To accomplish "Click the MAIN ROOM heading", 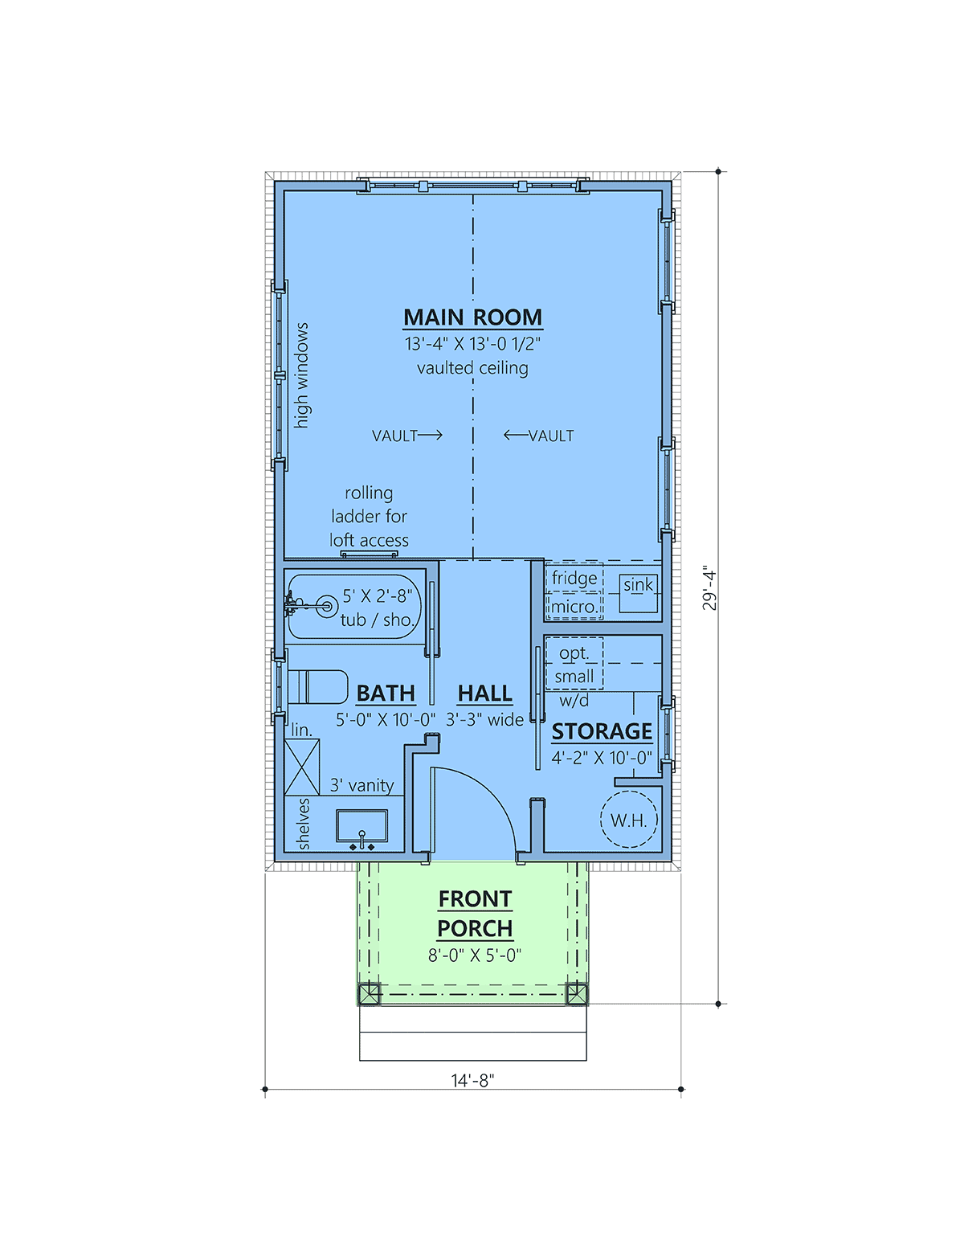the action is pyautogui.click(x=472, y=317).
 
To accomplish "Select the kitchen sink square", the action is pyautogui.click(x=638, y=593).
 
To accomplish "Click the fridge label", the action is pyautogui.click(x=574, y=578).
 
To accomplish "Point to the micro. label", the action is pyautogui.click(x=574, y=607).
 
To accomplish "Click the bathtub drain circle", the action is pyautogui.click(x=327, y=605).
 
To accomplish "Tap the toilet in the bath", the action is pyautogui.click(x=317, y=686).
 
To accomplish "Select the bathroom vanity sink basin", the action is pyautogui.click(x=361, y=826).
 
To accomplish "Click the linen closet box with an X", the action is pyautogui.click(x=302, y=767).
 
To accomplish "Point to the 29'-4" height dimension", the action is pyautogui.click(x=709, y=589).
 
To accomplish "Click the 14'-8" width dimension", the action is pyautogui.click(x=472, y=1080).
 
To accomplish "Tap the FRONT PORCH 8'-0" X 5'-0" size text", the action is pyautogui.click(x=475, y=955).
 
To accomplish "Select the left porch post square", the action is pyautogui.click(x=370, y=993).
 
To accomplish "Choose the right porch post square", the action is pyautogui.click(x=577, y=993).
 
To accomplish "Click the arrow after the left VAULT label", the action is pyautogui.click(x=430, y=435).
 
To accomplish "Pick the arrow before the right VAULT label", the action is pyautogui.click(x=516, y=435).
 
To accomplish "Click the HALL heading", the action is pyautogui.click(x=485, y=694).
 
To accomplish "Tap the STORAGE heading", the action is pyautogui.click(x=602, y=731).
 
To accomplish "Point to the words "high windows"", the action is pyautogui.click(x=301, y=375).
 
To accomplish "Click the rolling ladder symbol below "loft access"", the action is pyautogui.click(x=370, y=554).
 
